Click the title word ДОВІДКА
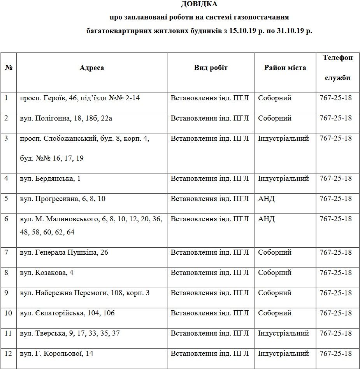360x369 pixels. pos(199,4)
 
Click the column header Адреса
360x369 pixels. pos(92,68)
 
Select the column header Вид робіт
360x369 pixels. pos(211,68)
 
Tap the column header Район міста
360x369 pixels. pos(285,68)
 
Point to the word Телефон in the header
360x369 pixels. pos(337,58)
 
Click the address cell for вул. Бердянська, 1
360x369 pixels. pos(47,178)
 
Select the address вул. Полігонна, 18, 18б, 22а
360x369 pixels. pos(66,118)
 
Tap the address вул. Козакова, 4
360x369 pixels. pos(47,273)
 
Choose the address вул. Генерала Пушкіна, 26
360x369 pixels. pos(64,252)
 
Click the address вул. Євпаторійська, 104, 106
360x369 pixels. pos(67,313)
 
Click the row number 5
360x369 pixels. pos(6,199)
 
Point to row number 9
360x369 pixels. pos(6,293)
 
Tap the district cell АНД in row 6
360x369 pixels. pos(266,219)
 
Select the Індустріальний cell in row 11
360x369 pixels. pos(283,333)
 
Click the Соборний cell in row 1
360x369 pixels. pos(274,98)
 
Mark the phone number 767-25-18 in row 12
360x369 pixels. pos(335,353)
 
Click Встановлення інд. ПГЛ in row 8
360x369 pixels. pos(209,273)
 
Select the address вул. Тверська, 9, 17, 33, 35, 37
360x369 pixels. pos(70,333)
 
